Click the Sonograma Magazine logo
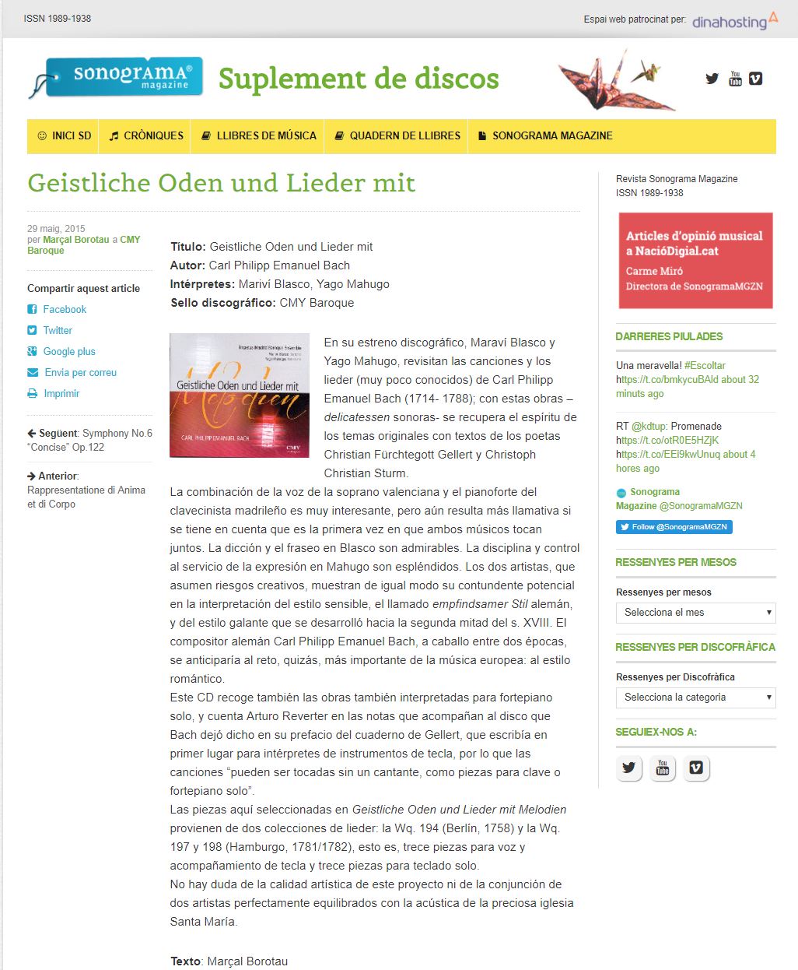coord(117,77)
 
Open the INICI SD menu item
coord(65,135)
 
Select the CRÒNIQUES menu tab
coord(146,135)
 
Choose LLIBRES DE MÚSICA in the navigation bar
coord(259,135)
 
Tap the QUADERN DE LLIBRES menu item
coord(397,135)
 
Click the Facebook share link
coord(65,309)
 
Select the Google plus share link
coord(69,351)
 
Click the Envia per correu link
coord(80,372)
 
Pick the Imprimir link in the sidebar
coord(61,393)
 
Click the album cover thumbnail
coord(240,395)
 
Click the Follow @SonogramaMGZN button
coord(674,527)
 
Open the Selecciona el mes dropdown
coord(695,613)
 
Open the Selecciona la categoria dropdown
coord(695,698)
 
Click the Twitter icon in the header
coord(712,79)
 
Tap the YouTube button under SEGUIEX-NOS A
coord(663,768)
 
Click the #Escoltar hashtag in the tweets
coord(705,365)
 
